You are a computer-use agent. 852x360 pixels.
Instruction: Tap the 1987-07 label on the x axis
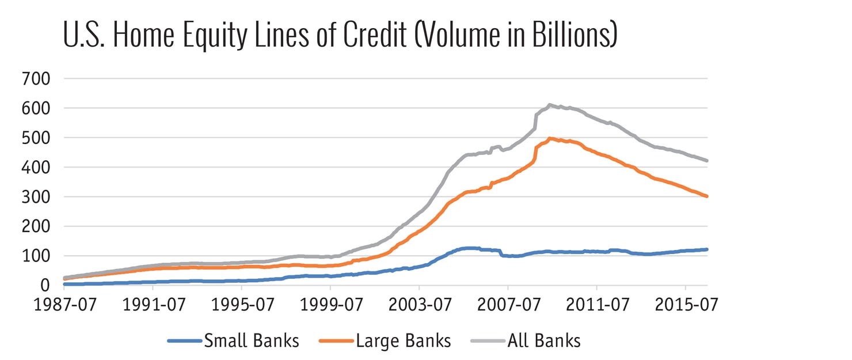[64, 305]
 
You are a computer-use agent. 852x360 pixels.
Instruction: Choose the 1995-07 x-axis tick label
[241, 305]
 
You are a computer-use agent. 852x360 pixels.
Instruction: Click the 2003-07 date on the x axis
[419, 305]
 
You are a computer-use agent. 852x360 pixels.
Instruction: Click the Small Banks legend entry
[251, 341]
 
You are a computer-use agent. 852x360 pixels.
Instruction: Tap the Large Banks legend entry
[403, 341]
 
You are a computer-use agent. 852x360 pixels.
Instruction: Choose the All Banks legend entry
[543, 341]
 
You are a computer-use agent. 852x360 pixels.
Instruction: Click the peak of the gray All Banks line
[549, 105]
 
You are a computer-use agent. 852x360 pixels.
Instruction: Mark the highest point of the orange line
[550, 138]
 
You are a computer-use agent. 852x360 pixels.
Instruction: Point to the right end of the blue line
[707, 249]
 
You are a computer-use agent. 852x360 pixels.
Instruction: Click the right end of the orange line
[707, 196]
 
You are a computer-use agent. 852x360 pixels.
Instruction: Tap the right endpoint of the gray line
[707, 161]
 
